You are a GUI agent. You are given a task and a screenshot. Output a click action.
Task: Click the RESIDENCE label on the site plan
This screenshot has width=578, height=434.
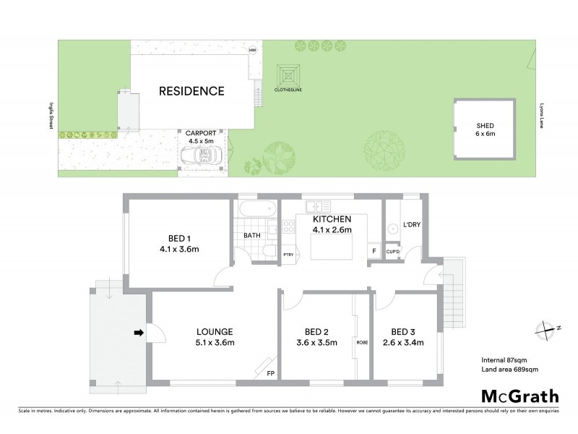point(191,91)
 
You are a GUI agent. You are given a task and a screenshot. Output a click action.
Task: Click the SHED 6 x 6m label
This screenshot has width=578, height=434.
point(485,129)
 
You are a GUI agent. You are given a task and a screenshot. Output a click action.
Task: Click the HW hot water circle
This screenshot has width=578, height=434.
point(252,50)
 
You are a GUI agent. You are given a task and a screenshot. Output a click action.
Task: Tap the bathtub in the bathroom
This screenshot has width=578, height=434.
point(256,210)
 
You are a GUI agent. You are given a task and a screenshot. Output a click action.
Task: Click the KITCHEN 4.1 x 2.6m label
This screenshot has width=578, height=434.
point(332,224)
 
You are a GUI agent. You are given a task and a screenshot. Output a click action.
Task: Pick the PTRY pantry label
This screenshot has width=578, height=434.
point(288,254)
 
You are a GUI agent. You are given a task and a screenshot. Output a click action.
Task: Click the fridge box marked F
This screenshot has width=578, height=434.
point(374,251)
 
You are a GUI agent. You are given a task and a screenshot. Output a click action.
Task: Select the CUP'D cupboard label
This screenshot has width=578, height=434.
point(393,252)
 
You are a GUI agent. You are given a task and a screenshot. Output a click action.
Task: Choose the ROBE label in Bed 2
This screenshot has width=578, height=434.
point(361,342)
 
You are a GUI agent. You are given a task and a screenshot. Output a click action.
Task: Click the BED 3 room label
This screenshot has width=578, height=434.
point(404,336)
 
